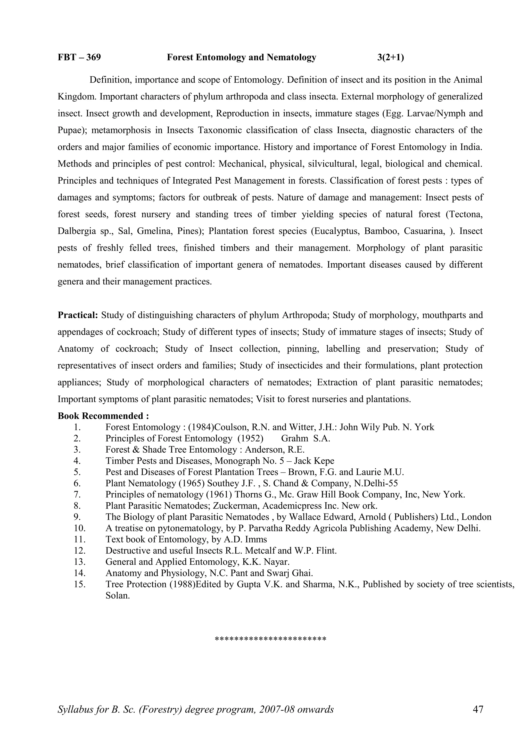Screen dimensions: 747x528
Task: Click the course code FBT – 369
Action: click(79, 57)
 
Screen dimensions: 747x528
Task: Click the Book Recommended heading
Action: click(103, 416)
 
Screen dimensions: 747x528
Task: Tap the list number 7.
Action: click(77, 495)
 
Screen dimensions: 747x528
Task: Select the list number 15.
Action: click(79, 584)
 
